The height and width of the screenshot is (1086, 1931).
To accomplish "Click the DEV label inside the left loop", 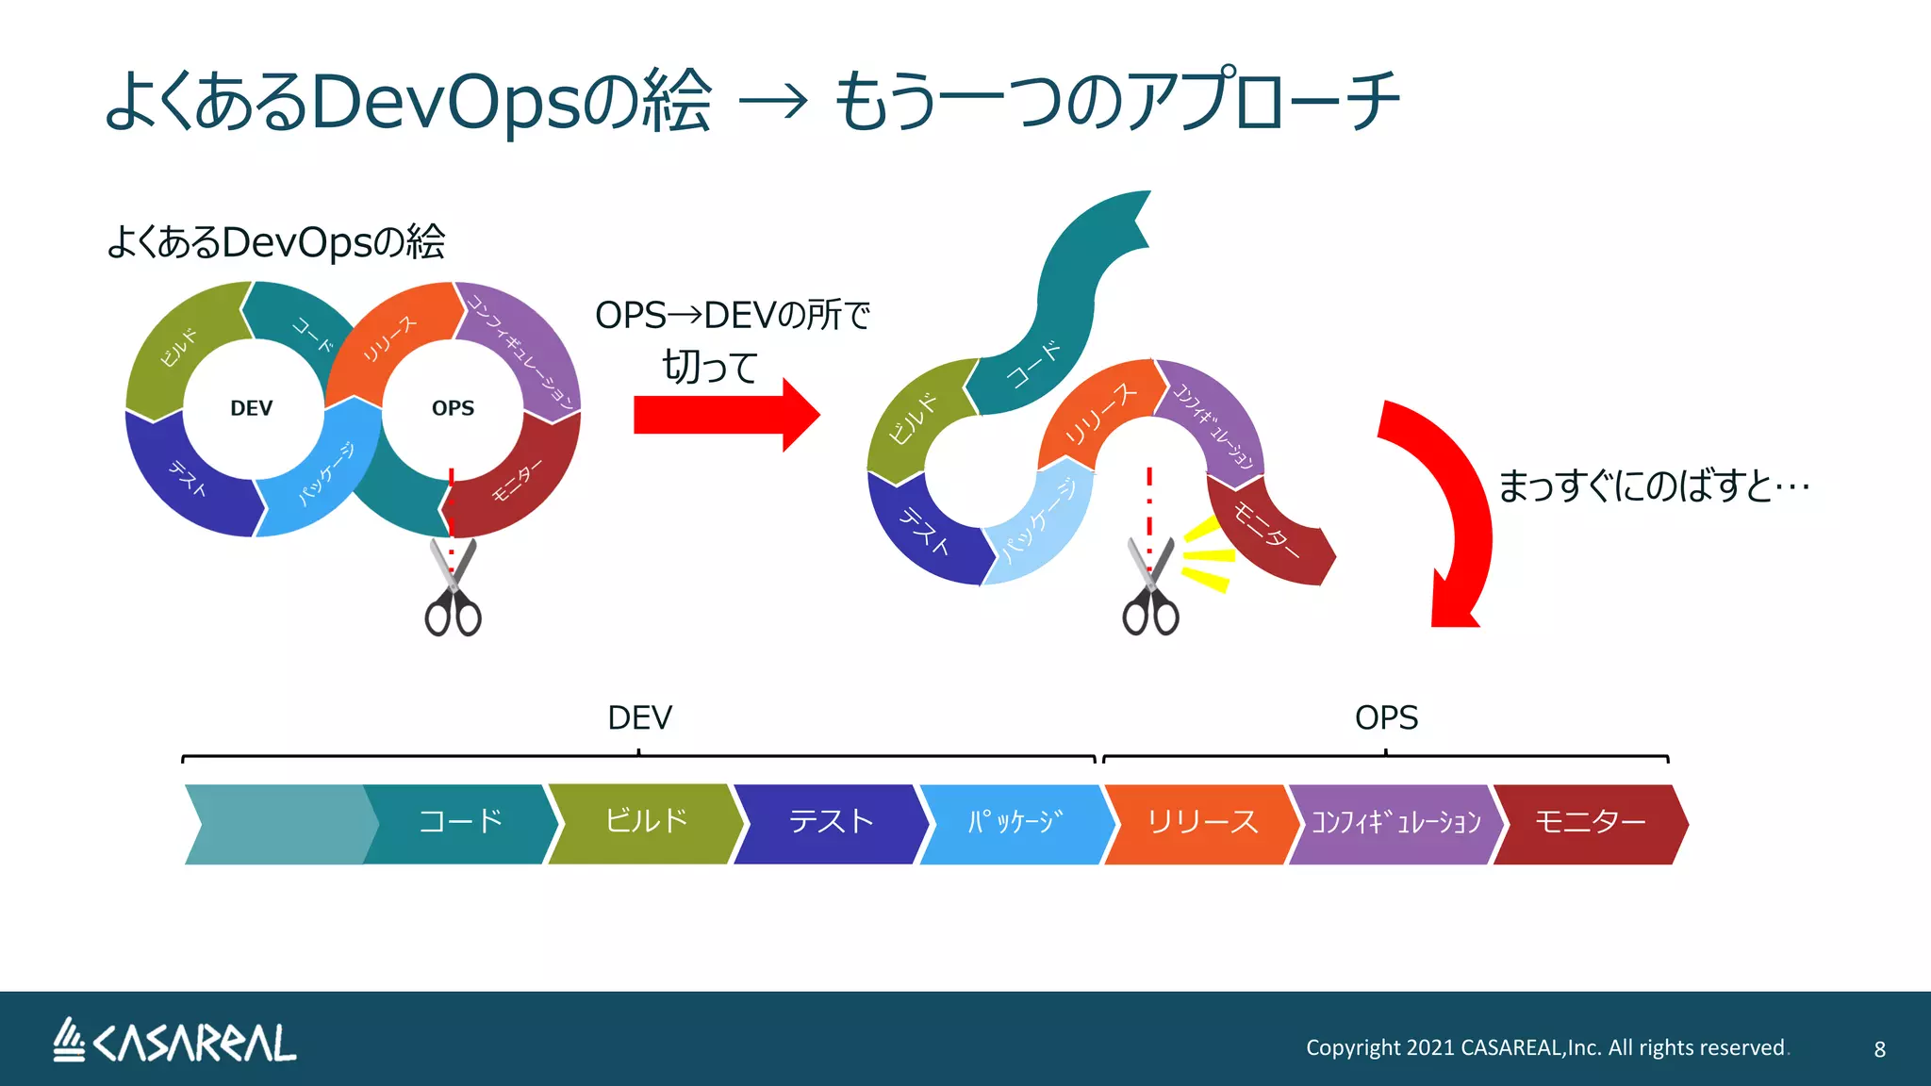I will tap(251, 408).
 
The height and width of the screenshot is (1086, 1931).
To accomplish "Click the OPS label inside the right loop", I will tap(453, 408).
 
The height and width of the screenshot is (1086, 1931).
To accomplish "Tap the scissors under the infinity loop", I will tap(454, 589).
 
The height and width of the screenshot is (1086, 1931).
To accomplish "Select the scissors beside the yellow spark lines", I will tap(1150, 589).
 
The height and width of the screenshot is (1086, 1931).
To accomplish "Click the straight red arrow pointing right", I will tap(724, 415).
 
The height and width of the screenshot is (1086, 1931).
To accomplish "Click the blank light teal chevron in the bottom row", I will tap(278, 824).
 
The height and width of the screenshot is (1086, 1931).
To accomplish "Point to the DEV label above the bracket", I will tap(639, 718).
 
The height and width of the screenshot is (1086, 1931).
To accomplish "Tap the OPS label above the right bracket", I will tap(1386, 718).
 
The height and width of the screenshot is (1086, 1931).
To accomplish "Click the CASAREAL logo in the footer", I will tap(174, 1042).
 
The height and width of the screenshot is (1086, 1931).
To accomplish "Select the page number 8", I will tap(1879, 1049).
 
